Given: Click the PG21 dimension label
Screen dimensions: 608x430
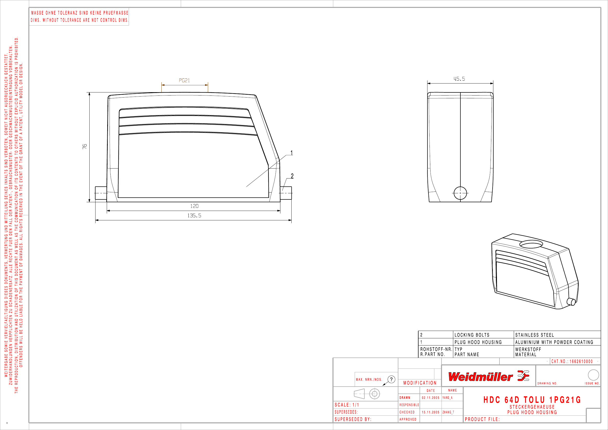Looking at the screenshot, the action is tap(184, 80).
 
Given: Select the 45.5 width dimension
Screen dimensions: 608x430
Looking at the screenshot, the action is tap(459, 79).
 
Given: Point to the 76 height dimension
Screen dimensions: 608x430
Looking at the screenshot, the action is tap(85, 146).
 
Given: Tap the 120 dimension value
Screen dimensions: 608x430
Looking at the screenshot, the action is tap(194, 206).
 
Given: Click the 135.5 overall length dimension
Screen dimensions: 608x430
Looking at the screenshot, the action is tap(194, 216).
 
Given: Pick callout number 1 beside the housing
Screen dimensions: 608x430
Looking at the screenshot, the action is tap(292, 153).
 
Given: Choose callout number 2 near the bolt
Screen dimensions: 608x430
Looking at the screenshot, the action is tap(292, 176).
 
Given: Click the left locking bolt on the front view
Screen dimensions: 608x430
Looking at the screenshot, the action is tap(101, 193).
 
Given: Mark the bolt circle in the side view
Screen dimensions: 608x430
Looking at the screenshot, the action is tap(460, 193).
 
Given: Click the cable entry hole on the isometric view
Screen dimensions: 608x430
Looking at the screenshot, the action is tap(531, 244).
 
